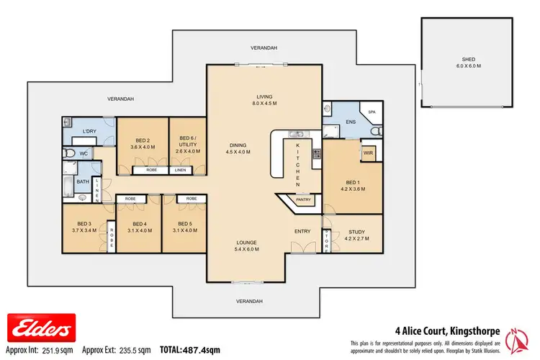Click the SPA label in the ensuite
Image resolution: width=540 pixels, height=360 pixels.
click(372, 113)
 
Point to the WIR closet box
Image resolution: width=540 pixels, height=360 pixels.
click(368, 153)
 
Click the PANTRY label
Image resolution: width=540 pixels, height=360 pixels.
click(304, 201)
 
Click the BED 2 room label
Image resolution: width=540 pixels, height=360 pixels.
click(142, 143)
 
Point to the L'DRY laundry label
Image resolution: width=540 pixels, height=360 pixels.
click(89, 130)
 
